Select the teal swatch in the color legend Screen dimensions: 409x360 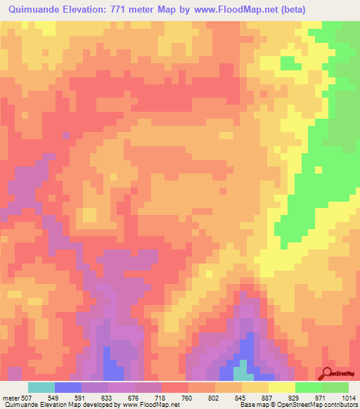click(x=41, y=387)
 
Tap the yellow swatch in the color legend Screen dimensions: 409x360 click(x=281, y=387)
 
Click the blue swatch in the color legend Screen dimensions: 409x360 click(x=67, y=387)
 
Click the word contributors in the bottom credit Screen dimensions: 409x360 click(x=338, y=405)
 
